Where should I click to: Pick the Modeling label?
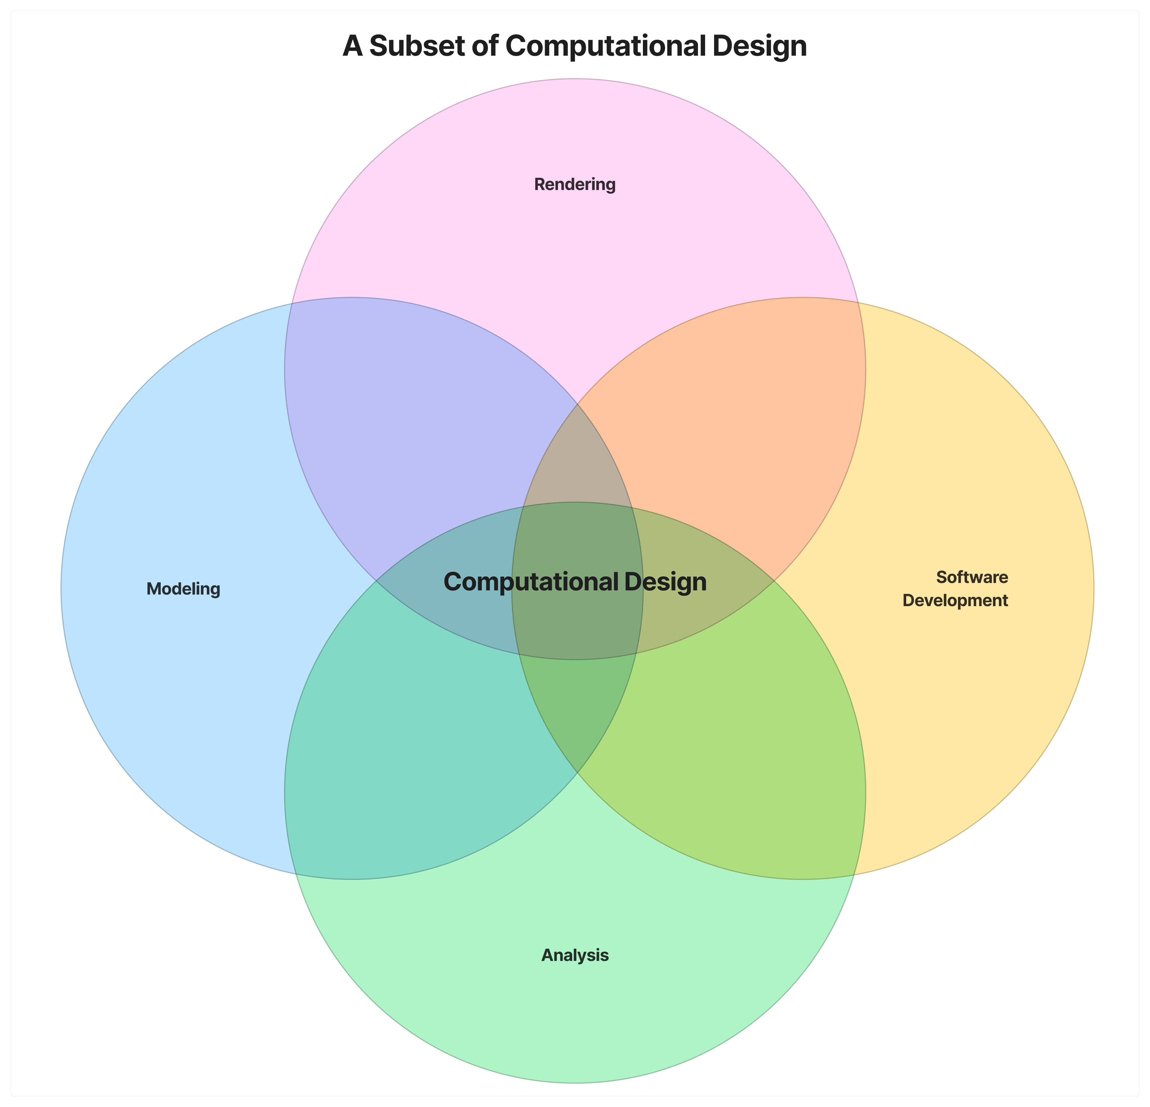click(x=183, y=589)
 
